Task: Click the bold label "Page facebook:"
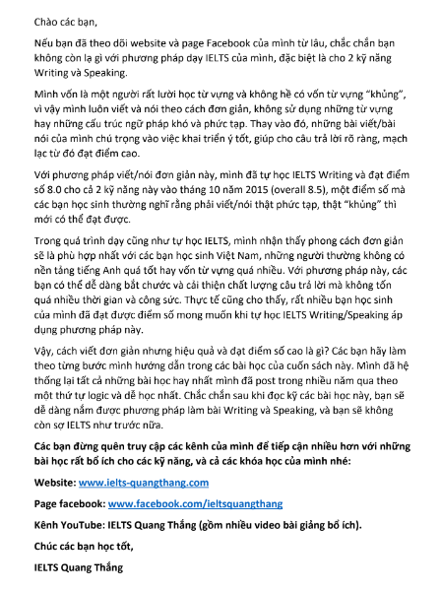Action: pyautogui.click(x=62, y=502)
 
